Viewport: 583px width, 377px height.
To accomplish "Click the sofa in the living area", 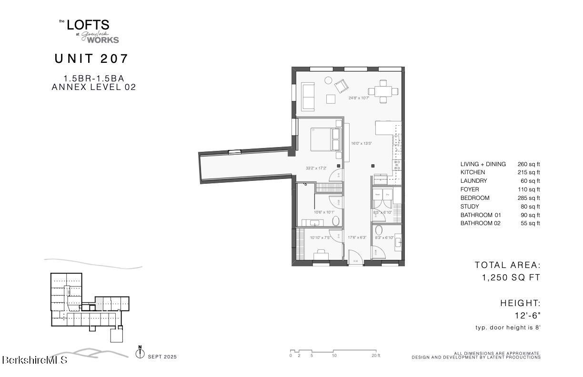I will point(308,95).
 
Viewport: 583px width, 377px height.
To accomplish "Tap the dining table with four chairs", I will point(383,90).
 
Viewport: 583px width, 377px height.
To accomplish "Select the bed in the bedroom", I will point(326,139).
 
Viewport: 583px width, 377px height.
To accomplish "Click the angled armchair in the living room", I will point(342,87).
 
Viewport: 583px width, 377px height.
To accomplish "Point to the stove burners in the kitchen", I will point(396,165).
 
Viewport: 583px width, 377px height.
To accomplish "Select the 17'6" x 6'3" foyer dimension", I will point(357,238).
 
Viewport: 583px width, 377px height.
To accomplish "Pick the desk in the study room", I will point(321,253).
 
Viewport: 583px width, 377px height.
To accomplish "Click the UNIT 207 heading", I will point(91,59).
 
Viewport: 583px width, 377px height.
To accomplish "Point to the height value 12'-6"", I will point(527,315).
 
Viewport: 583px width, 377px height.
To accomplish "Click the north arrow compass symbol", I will point(140,353).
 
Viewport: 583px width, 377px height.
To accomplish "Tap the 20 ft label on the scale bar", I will point(375,356).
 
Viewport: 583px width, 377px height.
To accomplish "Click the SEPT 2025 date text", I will point(162,357).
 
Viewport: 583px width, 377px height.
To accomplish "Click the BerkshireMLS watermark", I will point(34,360).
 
